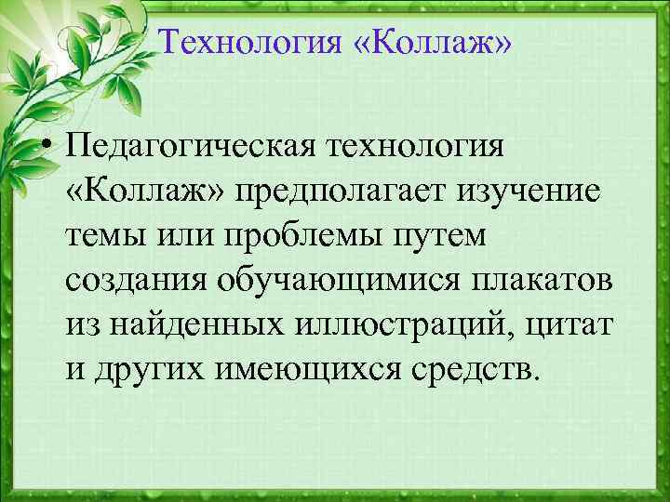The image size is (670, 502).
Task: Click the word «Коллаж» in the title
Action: tap(432, 43)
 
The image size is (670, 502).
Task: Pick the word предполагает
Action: tap(344, 193)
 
